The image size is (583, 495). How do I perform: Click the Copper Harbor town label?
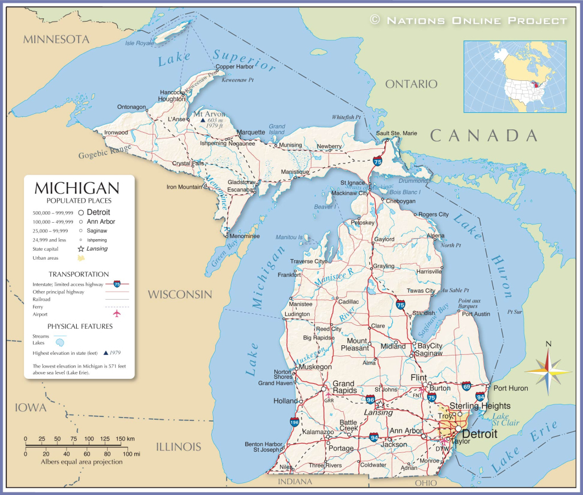(234, 67)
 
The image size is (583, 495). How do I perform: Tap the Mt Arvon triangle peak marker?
(202, 121)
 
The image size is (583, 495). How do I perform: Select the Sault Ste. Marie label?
(396, 133)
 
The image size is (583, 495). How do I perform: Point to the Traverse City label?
(308, 261)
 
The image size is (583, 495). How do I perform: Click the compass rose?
(548, 371)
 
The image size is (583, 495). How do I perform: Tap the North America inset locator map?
(515, 76)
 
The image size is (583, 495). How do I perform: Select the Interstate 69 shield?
(466, 386)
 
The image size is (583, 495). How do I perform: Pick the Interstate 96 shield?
(371, 399)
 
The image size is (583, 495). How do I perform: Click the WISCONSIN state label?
(180, 294)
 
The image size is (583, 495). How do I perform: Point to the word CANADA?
(484, 136)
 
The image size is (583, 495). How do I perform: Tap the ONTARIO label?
(411, 84)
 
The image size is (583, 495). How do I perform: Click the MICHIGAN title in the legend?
(77, 188)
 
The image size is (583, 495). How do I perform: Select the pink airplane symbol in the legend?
(117, 314)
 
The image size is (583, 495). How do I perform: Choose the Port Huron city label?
(510, 388)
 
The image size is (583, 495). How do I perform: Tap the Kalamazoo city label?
(317, 432)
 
